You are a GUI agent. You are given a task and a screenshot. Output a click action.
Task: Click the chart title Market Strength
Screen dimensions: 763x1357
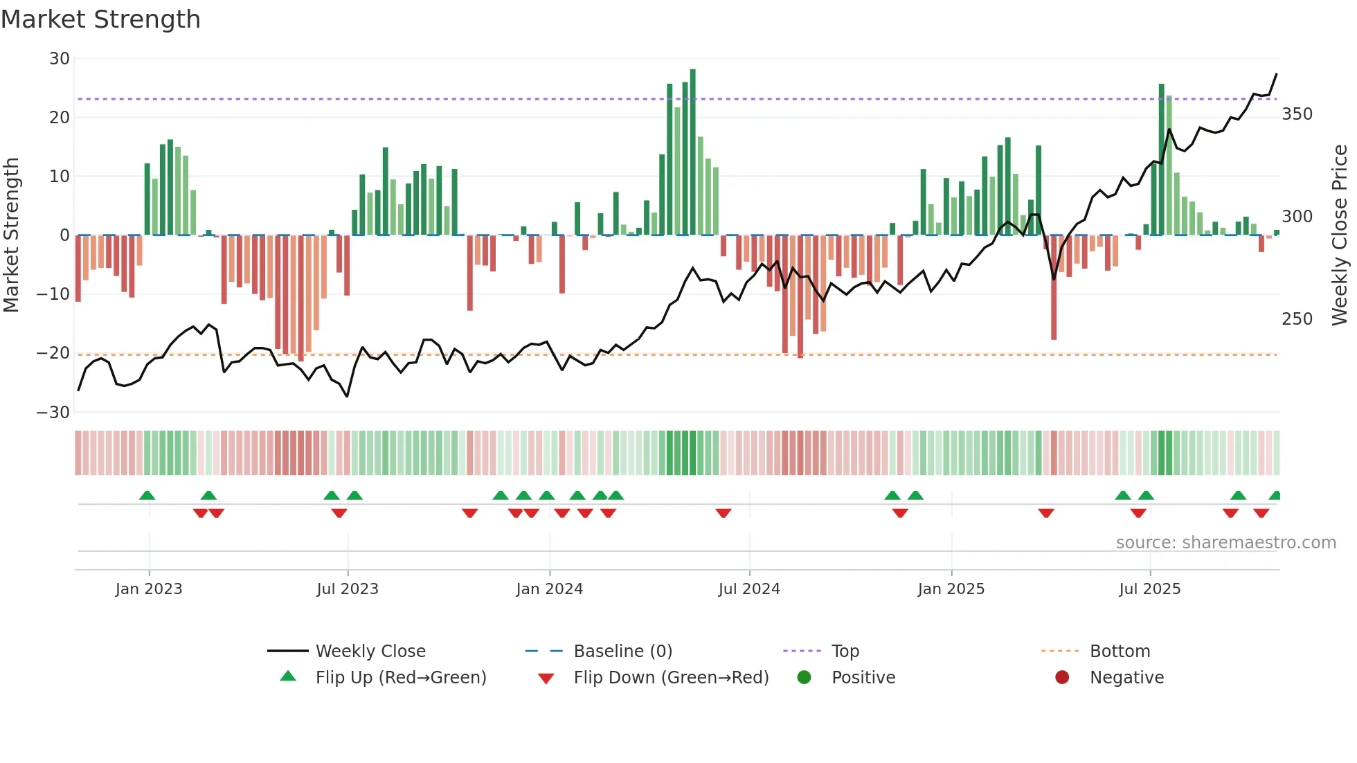100,19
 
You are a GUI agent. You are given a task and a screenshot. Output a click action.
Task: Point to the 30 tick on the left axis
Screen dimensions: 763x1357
60,59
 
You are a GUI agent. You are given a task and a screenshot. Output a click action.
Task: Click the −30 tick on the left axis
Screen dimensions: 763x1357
53,413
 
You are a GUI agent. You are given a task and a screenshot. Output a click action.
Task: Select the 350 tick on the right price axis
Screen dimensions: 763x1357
1297,114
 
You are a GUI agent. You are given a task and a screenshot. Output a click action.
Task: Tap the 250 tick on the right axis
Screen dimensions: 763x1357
1297,319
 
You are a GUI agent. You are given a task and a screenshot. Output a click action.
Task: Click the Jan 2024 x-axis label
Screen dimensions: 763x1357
549,589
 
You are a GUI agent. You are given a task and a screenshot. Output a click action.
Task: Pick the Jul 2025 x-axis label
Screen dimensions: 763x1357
1149,589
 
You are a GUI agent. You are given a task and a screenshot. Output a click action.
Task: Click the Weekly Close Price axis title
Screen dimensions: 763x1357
1340,235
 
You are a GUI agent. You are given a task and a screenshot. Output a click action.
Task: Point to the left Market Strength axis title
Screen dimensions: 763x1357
12,235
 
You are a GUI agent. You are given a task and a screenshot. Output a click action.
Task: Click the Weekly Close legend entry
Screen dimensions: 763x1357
370,652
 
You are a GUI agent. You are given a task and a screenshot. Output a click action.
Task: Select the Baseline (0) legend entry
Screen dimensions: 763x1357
622,652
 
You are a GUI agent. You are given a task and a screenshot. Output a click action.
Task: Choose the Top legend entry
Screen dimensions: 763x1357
845,652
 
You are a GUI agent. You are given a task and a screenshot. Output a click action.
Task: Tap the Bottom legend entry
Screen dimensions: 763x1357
1120,652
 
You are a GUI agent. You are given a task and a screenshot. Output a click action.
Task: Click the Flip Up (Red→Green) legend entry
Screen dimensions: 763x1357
400,678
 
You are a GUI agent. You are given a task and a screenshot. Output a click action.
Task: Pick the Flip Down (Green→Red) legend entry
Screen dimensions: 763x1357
670,678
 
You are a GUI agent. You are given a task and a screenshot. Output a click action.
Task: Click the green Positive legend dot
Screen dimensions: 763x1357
804,678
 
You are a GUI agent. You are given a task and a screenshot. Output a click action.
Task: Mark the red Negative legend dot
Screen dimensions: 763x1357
1062,678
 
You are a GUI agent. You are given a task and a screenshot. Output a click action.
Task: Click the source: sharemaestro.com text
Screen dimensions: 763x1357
1225,543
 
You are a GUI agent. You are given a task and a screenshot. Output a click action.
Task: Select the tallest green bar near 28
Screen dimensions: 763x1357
692,152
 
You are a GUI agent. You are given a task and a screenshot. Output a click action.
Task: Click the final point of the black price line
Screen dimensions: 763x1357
1276,74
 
